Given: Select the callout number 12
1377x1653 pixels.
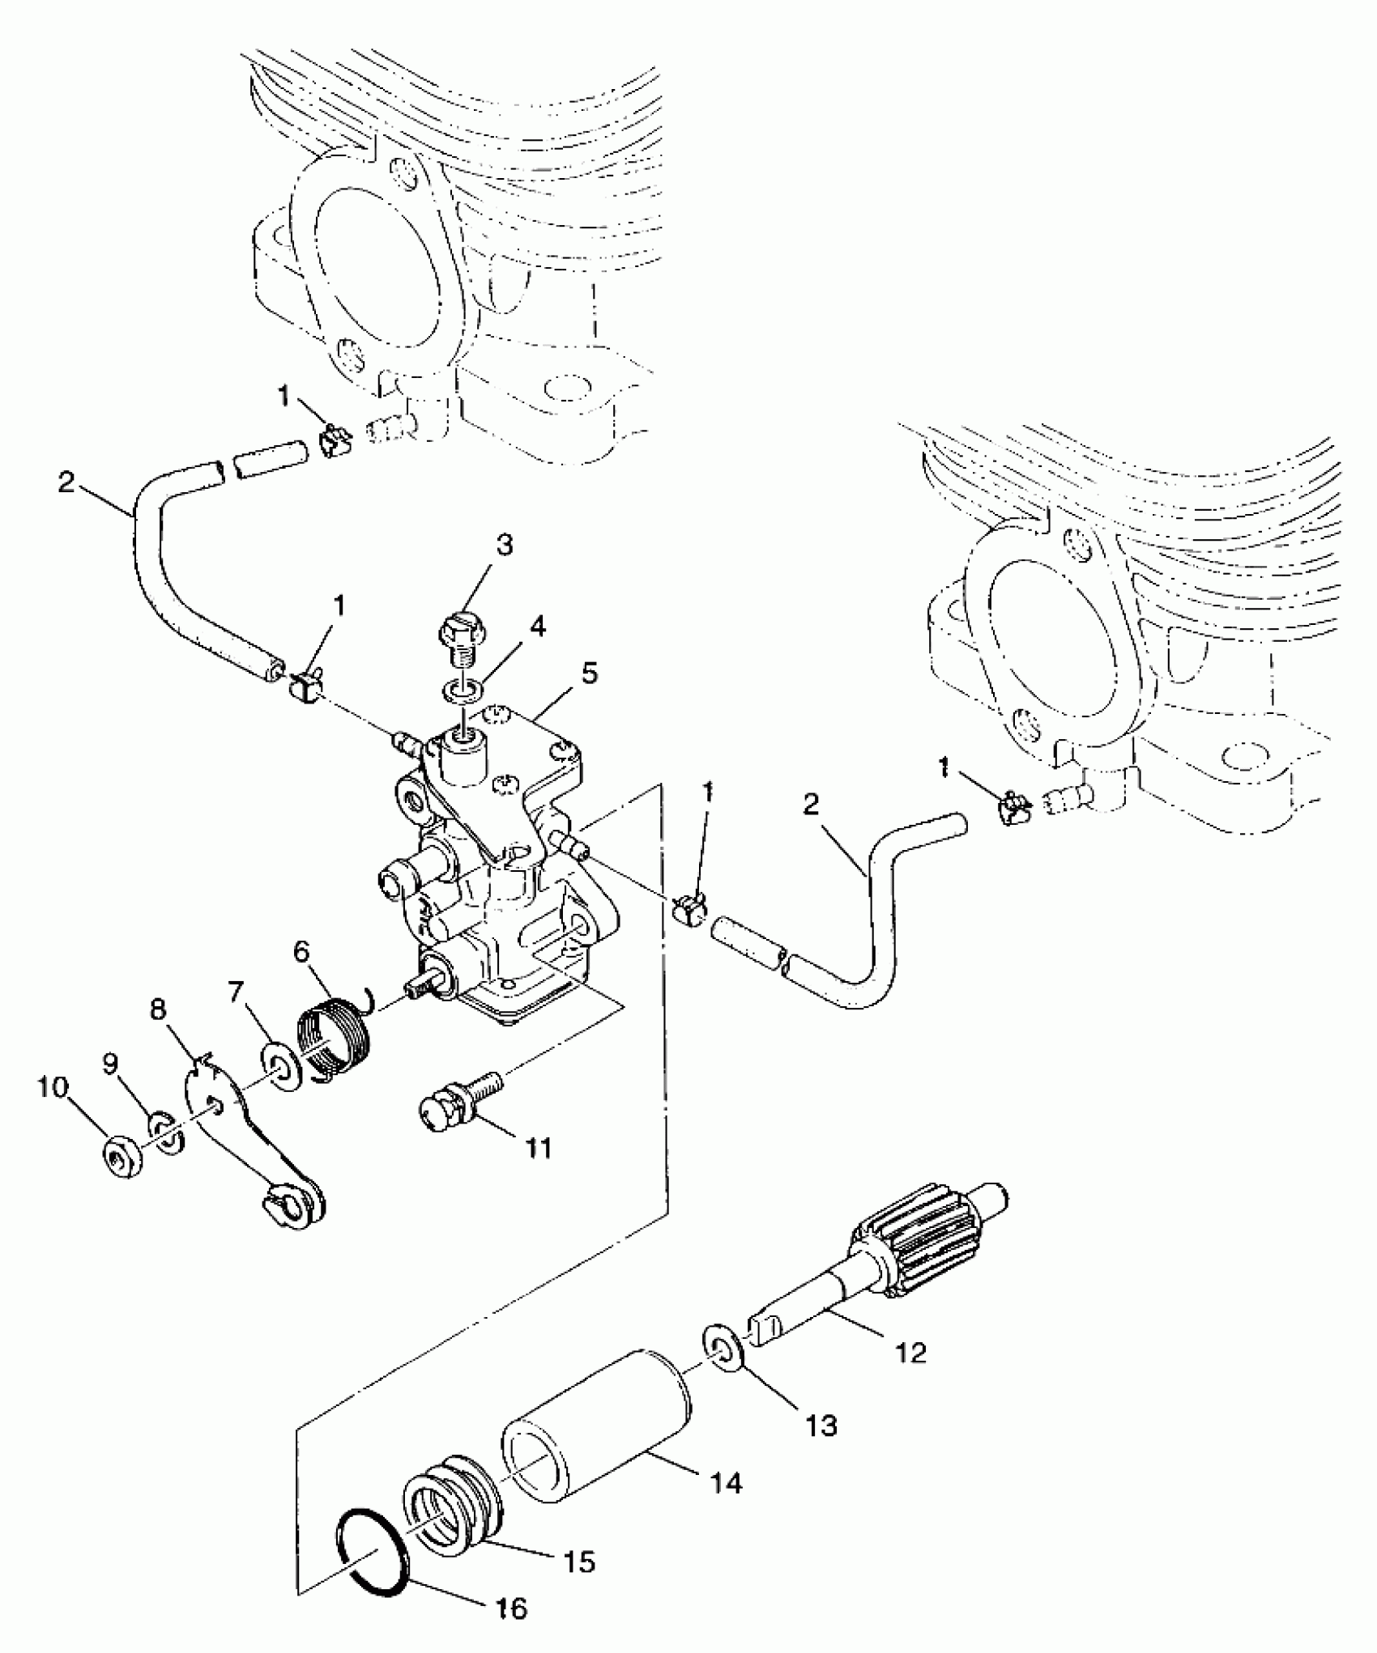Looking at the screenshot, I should click(912, 1352).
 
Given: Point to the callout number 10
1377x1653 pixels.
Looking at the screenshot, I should click(53, 1088).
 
